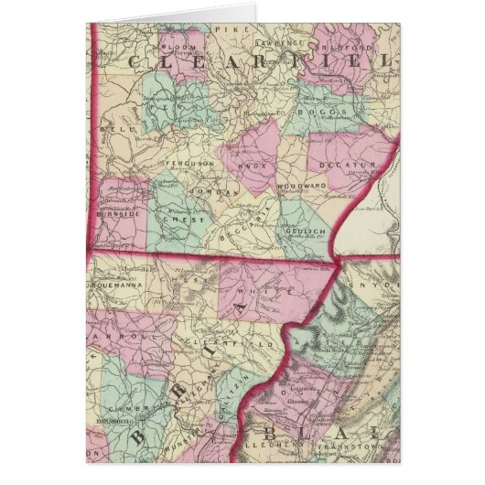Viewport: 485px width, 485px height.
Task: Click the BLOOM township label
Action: [175, 45]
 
